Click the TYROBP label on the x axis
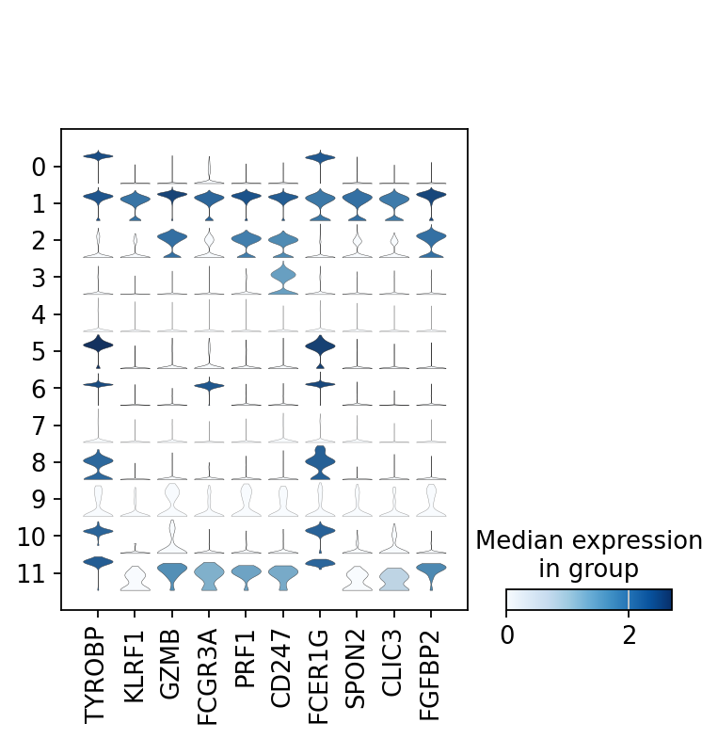98,675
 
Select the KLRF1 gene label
135,668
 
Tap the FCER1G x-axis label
320,677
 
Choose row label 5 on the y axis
39,351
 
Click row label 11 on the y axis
32,572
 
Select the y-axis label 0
39,168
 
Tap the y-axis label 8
39,462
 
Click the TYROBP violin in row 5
98,345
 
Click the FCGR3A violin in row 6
209,385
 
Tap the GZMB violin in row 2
171,241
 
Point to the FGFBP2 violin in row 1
431,196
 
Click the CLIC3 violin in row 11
393,578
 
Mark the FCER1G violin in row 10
320,531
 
